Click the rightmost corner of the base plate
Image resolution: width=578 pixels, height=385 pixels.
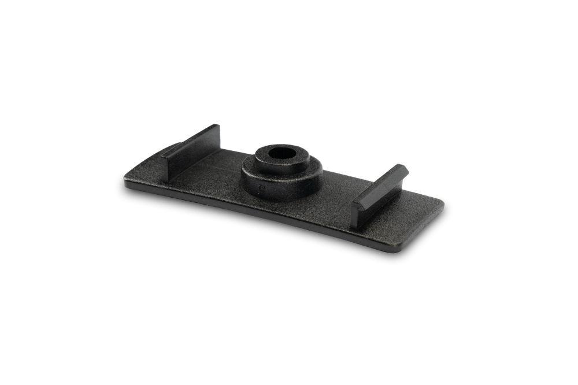444,202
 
